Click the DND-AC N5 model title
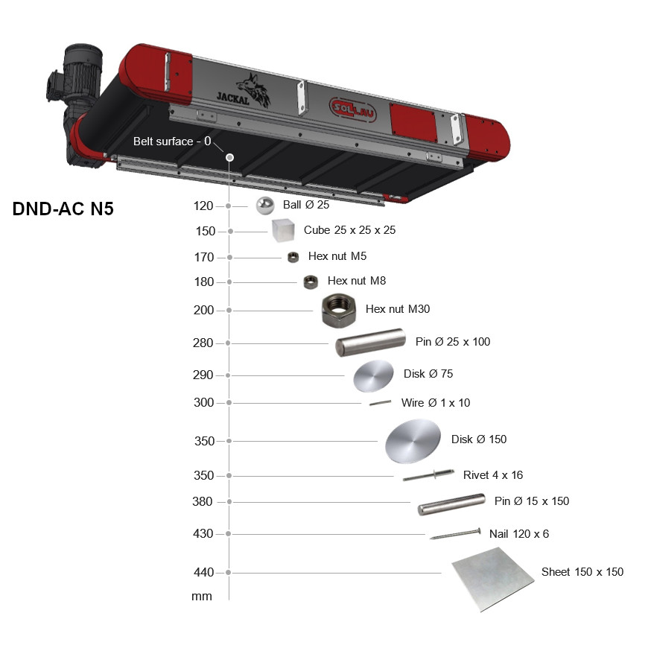click(x=63, y=209)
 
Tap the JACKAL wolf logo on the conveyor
click(x=244, y=92)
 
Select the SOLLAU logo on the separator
click(x=352, y=109)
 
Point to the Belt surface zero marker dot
click(x=229, y=157)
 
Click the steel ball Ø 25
click(x=265, y=206)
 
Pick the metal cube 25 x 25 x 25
click(x=283, y=230)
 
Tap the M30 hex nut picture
click(x=338, y=311)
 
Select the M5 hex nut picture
click(x=293, y=258)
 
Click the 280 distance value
click(x=203, y=343)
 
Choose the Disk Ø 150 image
click(x=413, y=441)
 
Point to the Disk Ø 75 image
click(x=373, y=375)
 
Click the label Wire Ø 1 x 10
click(x=436, y=402)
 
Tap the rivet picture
click(x=428, y=475)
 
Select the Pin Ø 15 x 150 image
click(x=451, y=504)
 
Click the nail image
click(x=455, y=533)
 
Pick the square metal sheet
click(x=492, y=579)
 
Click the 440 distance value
click(x=204, y=572)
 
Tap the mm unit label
click(x=202, y=597)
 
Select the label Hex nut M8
click(x=357, y=281)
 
